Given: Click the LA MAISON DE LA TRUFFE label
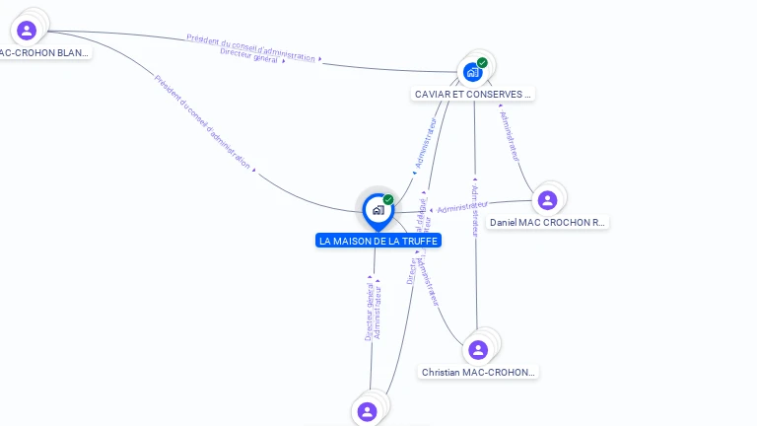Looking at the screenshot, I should click(x=378, y=241).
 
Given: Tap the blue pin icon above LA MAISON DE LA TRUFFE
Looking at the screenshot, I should click(x=377, y=210).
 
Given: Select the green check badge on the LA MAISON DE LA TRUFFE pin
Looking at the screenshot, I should click(x=388, y=200).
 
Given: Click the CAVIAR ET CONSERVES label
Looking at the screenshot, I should click(x=473, y=95).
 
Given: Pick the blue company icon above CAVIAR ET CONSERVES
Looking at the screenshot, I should click(x=473, y=72).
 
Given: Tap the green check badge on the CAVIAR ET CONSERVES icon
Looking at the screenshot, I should click(x=482, y=63).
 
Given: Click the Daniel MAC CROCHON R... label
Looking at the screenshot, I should click(x=548, y=223).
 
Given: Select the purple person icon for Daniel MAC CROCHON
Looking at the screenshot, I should click(x=548, y=200).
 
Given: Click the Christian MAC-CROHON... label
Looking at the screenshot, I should click(x=479, y=373).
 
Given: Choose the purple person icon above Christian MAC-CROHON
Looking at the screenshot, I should click(x=478, y=350).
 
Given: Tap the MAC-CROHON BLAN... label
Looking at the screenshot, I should click(x=44, y=52).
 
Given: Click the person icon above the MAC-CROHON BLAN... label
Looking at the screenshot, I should click(x=27, y=31).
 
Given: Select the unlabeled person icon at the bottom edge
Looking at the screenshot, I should click(x=368, y=411).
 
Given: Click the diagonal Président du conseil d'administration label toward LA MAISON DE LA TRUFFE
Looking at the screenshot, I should click(x=201, y=120).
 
